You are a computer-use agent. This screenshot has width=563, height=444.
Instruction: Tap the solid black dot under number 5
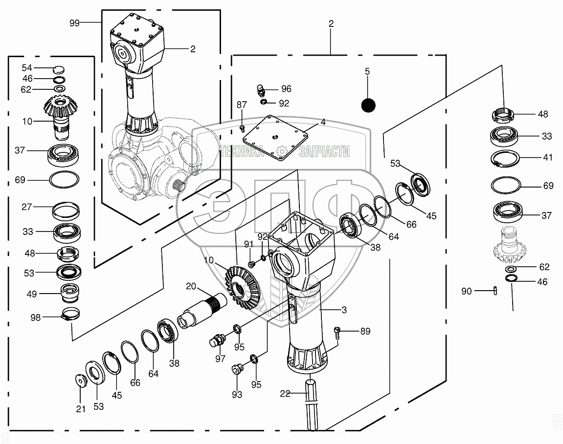click(368, 105)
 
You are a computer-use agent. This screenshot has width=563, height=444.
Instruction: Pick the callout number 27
click(27, 207)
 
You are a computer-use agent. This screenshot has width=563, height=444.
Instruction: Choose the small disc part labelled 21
click(80, 380)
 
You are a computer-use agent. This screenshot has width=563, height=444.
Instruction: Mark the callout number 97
click(220, 359)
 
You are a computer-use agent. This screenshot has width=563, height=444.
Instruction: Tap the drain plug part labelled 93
click(238, 369)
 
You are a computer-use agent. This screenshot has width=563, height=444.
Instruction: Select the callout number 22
click(286, 393)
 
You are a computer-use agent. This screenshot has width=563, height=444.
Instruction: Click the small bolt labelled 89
click(338, 332)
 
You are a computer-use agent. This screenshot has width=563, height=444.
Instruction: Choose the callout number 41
click(548, 157)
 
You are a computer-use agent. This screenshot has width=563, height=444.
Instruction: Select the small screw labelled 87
click(242, 127)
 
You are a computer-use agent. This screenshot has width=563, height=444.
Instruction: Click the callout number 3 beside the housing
click(344, 310)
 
